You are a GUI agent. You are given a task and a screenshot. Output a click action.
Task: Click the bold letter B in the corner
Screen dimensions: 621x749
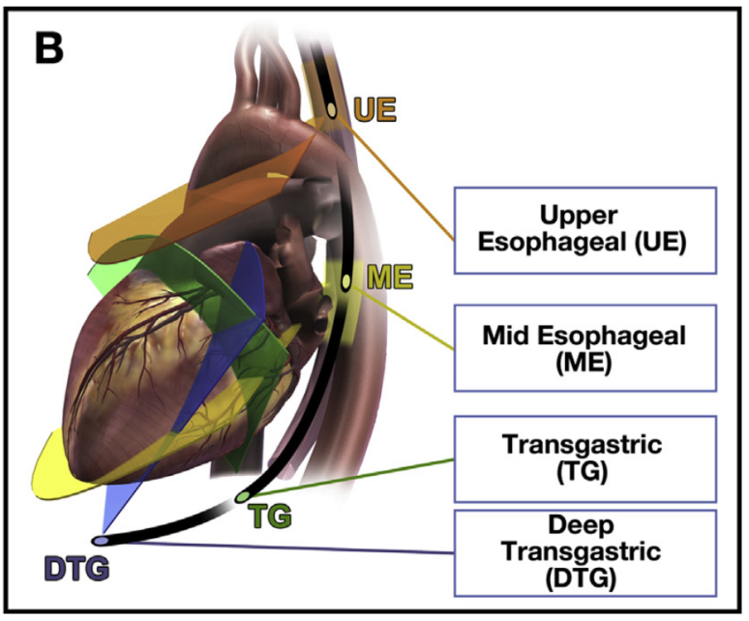(51, 45)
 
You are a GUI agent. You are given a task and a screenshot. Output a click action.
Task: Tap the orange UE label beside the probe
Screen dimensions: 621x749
(374, 107)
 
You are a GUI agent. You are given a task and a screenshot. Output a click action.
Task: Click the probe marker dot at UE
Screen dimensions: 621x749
(332, 109)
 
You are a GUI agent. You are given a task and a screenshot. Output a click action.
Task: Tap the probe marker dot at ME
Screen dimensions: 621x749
(345, 282)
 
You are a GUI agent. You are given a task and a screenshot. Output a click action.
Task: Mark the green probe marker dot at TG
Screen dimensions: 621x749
(241, 498)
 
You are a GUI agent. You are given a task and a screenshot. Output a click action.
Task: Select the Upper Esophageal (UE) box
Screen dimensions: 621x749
(584, 230)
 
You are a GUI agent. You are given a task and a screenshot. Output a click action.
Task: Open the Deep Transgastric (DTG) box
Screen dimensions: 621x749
(584, 552)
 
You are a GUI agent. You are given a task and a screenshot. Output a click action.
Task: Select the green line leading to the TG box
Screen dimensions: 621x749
(348, 479)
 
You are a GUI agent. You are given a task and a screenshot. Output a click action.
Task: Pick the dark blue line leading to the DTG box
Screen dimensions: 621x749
(290, 548)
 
